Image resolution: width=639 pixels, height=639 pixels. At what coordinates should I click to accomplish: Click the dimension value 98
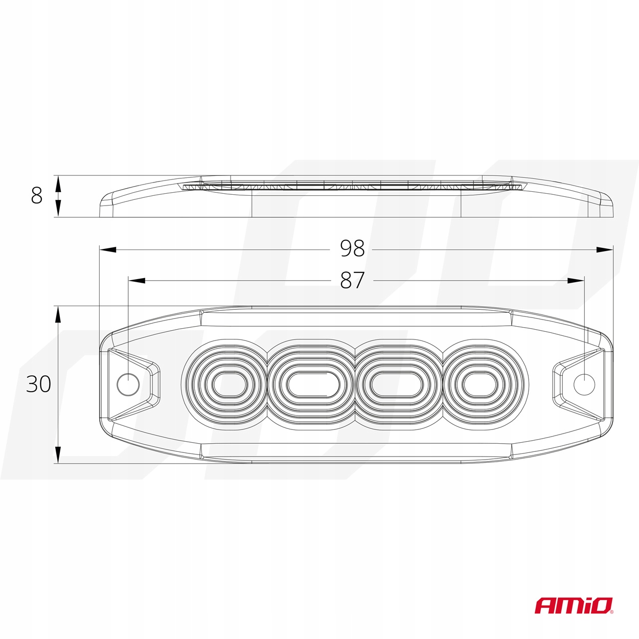[x=352, y=249]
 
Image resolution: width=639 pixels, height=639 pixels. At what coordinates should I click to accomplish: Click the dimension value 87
[x=352, y=280]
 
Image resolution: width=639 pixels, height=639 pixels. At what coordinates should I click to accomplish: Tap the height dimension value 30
[x=39, y=384]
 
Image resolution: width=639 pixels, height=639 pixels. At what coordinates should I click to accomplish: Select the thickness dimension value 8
[x=36, y=196]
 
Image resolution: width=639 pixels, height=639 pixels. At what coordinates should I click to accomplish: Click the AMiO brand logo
[x=574, y=605]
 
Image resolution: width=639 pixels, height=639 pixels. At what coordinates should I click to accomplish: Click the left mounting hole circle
[x=128, y=384]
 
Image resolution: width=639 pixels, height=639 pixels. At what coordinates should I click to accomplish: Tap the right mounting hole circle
[x=584, y=383]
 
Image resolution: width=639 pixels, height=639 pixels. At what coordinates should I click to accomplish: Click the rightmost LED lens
[x=481, y=384]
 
